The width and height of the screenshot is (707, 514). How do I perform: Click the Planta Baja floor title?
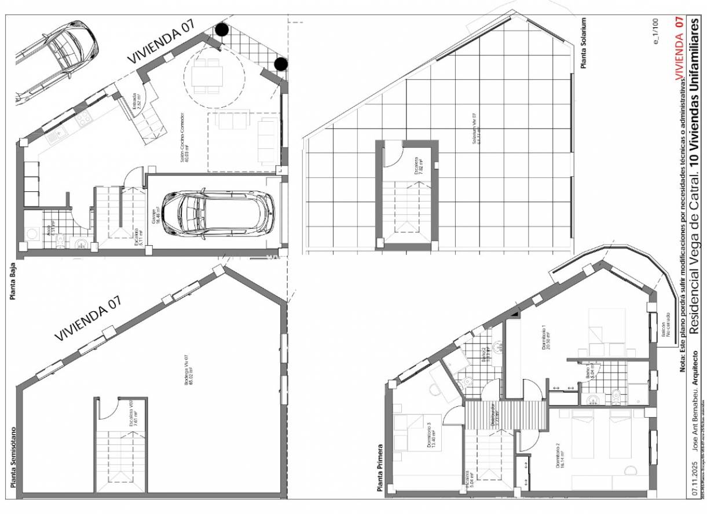point(11,282)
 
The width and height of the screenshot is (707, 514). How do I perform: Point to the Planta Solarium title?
point(584,43)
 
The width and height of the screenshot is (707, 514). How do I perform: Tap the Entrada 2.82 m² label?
point(135,104)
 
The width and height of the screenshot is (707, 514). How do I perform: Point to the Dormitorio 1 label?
point(545,338)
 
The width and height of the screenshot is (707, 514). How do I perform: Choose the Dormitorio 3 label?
point(430,435)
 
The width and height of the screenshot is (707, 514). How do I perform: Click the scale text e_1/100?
point(655,32)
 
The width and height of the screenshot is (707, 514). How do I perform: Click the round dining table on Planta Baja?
point(208,75)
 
